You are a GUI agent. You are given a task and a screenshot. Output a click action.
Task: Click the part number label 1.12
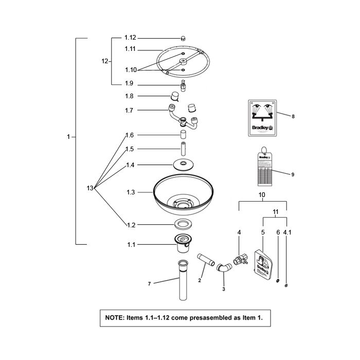[130, 38]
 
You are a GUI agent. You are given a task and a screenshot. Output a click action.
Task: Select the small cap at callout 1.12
[183, 38]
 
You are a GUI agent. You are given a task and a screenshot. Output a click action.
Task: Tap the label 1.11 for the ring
[130, 49]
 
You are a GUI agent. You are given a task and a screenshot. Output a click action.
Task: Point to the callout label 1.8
[129, 96]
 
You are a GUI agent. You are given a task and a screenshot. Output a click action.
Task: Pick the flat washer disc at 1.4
[183, 165]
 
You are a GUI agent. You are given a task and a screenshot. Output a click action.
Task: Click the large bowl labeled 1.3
[183, 198]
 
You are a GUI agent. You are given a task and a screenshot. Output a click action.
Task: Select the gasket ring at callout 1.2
[183, 224]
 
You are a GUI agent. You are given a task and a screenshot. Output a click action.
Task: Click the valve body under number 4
[239, 258]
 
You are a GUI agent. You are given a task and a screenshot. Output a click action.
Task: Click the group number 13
[91, 189]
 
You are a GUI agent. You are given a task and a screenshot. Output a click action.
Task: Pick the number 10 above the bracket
[261, 196]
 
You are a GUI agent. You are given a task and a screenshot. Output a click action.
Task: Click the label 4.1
[287, 232]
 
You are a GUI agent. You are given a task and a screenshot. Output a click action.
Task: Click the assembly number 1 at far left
[69, 137]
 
